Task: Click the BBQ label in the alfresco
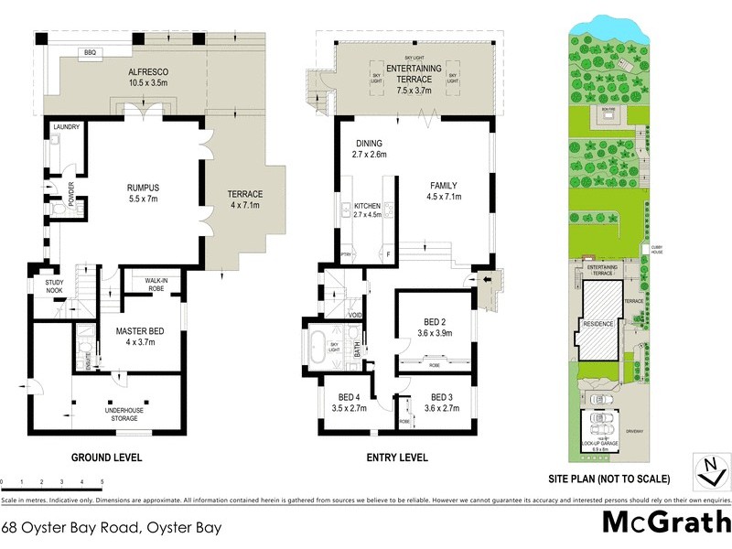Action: pyautogui.click(x=90, y=53)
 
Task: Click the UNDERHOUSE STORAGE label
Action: pyautogui.click(x=122, y=414)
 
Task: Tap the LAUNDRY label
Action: pyautogui.click(x=67, y=127)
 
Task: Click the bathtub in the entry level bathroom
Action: pyautogui.click(x=321, y=349)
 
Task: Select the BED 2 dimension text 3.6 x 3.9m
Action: pyautogui.click(x=436, y=334)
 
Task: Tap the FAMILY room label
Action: pyautogui.click(x=445, y=186)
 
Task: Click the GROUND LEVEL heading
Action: pyautogui.click(x=108, y=457)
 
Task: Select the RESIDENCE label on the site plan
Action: pyautogui.click(x=599, y=324)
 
